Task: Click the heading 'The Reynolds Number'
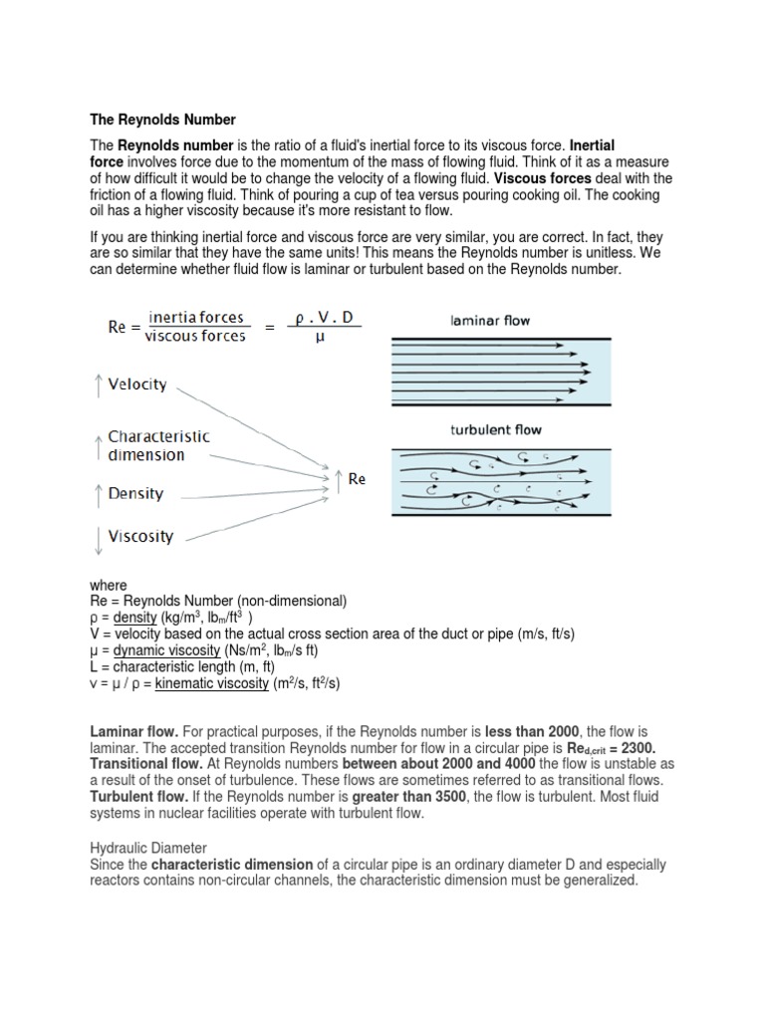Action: [x=163, y=119]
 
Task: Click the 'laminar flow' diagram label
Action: [x=492, y=321]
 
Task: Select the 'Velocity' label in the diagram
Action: [x=137, y=384]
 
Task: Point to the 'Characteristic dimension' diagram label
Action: [x=158, y=445]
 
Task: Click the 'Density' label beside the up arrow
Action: [x=135, y=493]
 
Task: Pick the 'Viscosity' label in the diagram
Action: [x=140, y=536]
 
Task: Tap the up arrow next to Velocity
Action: [x=98, y=385]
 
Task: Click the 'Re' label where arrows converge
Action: [x=357, y=479]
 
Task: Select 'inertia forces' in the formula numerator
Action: [x=196, y=318]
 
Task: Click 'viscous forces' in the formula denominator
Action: [x=195, y=335]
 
